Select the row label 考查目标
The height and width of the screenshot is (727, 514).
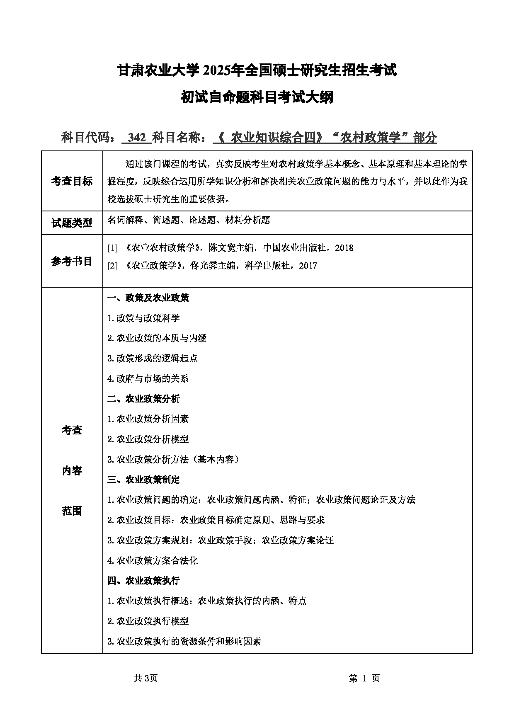[x=72, y=182]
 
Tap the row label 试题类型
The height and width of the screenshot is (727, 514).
[x=72, y=223]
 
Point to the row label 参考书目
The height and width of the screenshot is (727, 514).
[x=72, y=261]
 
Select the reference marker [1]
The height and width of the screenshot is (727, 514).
[x=113, y=248]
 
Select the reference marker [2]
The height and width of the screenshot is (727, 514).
[x=113, y=266]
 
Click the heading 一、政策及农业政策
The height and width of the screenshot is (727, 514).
[x=148, y=298]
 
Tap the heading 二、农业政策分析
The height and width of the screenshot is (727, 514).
[x=143, y=399]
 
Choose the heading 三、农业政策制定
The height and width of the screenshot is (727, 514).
[x=143, y=480]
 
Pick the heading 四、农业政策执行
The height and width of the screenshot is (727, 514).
[x=143, y=580]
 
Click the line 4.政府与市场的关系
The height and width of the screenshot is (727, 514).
[x=148, y=378]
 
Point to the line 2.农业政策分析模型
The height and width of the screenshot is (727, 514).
[x=148, y=439]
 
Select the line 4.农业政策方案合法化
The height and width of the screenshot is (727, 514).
[x=153, y=560]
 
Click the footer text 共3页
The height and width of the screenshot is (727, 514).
[x=146, y=678]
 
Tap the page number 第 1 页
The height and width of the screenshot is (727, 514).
[x=364, y=678]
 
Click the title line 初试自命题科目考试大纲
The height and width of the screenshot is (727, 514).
[x=257, y=98]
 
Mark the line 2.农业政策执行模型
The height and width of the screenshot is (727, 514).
[x=148, y=621]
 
